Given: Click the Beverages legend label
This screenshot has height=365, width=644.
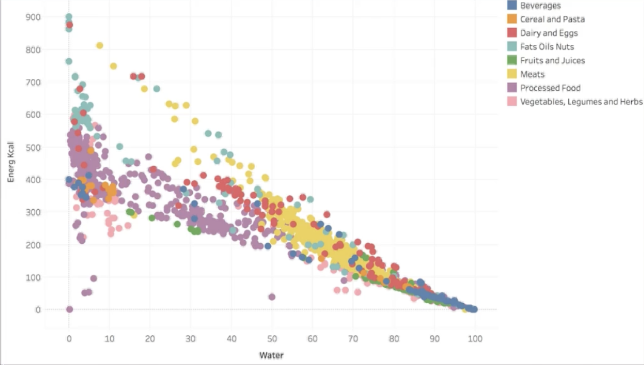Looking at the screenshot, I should point(540,5).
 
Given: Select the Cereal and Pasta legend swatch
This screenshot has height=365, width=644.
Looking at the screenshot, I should point(512,19).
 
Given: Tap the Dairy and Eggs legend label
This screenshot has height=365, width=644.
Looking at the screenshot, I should point(549,33).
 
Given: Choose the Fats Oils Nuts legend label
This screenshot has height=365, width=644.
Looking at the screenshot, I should point(547,47).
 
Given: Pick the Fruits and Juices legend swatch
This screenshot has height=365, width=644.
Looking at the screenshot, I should point(512,61).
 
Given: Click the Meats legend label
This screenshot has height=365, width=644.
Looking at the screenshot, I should point(532,75).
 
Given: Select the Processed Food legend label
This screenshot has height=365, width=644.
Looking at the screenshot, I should point(550,88).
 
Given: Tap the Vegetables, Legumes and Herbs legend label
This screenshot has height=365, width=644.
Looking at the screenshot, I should point(581,102).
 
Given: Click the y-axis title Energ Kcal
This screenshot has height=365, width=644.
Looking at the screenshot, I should point(10,163).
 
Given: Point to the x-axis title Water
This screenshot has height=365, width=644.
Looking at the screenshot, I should point(272,355).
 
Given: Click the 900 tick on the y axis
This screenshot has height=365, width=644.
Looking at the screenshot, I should point(33,17).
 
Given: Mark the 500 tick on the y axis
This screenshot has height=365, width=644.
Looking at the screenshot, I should point(33,147).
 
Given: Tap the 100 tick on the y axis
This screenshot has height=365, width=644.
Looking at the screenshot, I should point(33,277).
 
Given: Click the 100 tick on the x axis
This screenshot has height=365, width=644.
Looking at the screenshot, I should point(475,338).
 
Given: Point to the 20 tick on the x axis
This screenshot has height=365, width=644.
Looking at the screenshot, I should point(150,338).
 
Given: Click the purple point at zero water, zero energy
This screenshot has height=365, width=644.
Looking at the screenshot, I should point(69,309).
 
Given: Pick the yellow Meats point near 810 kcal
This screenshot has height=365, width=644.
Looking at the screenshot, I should point(100,45).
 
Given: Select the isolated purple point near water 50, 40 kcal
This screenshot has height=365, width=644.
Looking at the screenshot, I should point(272,296).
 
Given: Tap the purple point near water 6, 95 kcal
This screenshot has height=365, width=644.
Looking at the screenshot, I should point(93,278).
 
